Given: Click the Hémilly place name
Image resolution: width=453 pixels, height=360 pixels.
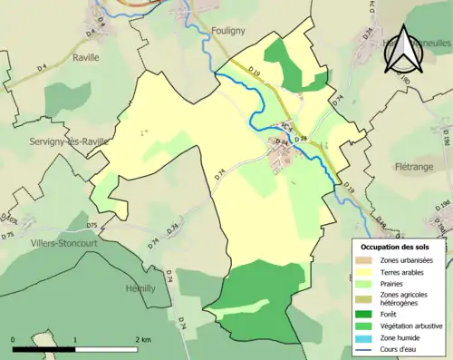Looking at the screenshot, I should pyautogui.click(x=140, y=287).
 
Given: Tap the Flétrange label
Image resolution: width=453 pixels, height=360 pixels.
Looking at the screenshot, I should pyautogui.click(x=416, y=167).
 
